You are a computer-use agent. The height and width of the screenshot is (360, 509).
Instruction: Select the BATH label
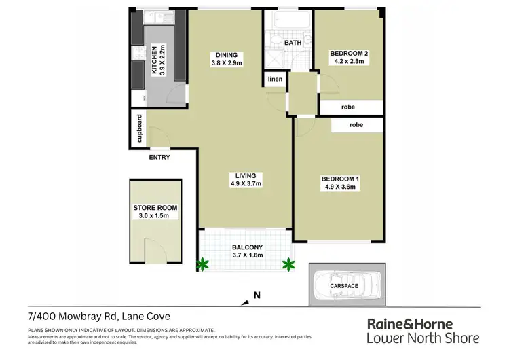coord(293,42)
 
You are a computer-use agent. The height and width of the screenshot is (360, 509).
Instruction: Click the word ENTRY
coord(159,158)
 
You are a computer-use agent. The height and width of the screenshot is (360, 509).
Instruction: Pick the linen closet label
coord(274,79)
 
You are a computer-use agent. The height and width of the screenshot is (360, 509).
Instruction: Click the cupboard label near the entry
coord(139,130)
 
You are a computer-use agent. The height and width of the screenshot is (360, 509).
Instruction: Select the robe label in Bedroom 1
coord(356,126)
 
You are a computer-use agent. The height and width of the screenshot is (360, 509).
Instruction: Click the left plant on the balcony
coord(202,263)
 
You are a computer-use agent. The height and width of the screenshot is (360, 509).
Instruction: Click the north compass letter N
coord(256,295)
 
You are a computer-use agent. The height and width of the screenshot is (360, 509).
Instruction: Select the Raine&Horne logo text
coord(422,323)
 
